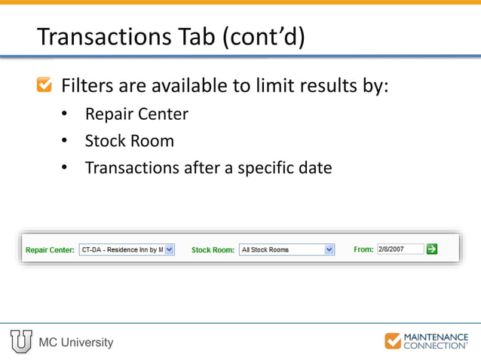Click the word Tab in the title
pyautogui.click(x=198, y=37)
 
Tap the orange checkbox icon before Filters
pyautogui.click(x=45, y=85)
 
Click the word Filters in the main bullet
pyautogui.click(x=87, y=85)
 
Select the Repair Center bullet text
pyautogui.click(x=136, y=114)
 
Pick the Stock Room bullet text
pyautogui.click(x=129, y=141)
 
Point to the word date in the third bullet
pyautogui.click(x=314, y=167)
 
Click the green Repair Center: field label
pyautogui.click(x=50, y=250)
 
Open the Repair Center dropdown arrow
pyautogui.click(x=169, y=249)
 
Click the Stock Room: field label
pyautogui.click(x=213, y=250)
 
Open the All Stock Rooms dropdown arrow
pyautogui.click(x=329, y=249)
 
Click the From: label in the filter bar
pyautogui.click(x=363, y=249)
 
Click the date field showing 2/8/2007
pyautogui.click(x=400, y=249)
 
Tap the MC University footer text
pyautogui.click(x=76, y=343)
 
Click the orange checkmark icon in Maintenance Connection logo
pyautogui.click(x=393, y=341)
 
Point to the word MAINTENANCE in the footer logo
pyautogui.click(x=437, y=337)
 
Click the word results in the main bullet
pyautogui.click(x=319, y=85)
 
